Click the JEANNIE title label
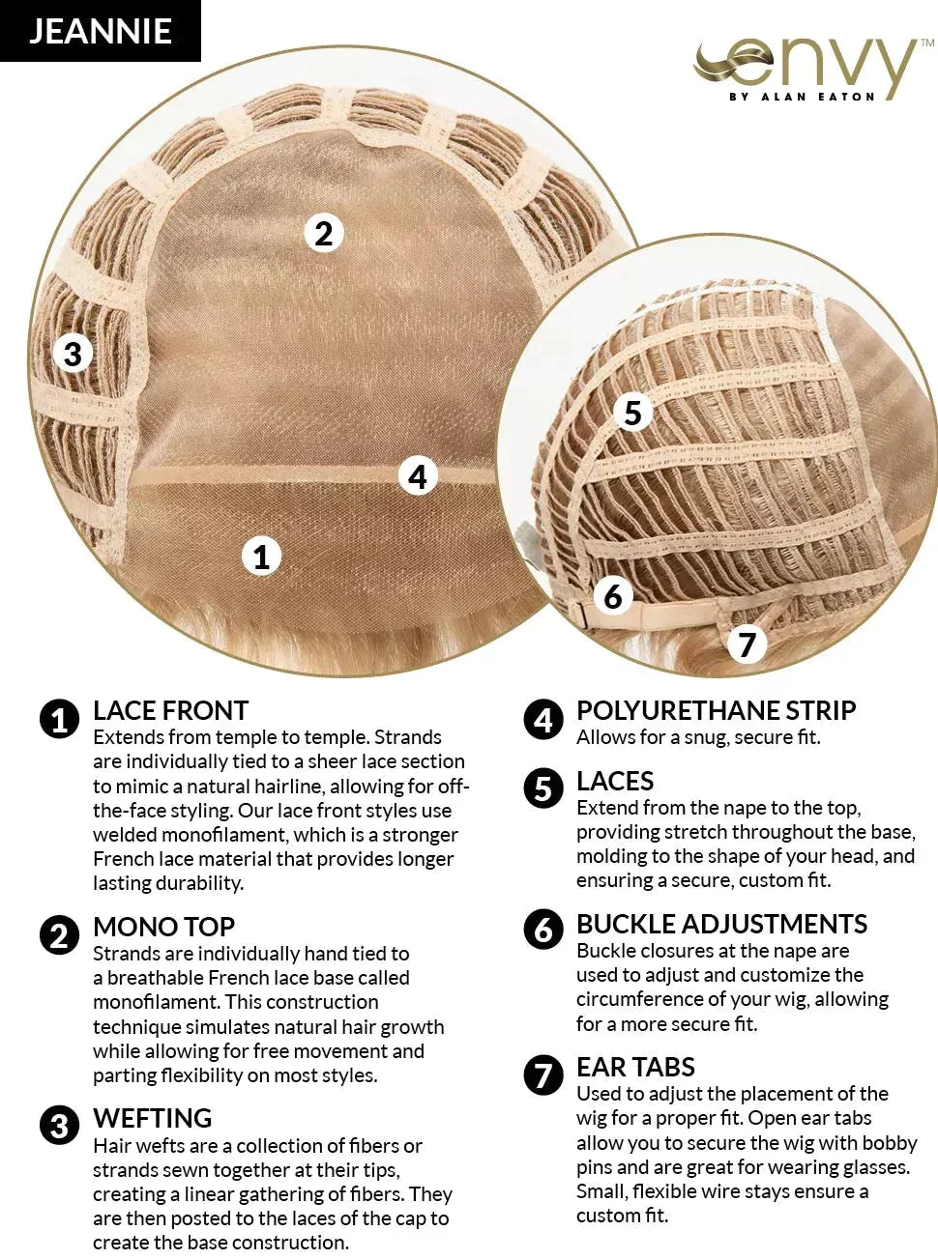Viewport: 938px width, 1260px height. pos(101,31)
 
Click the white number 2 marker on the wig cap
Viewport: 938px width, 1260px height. pos(324,234)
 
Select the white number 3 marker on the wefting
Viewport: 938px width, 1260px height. pos(73,354)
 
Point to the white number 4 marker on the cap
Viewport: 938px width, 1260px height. pos(418,476)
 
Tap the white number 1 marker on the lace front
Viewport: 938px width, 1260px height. pos(261,556)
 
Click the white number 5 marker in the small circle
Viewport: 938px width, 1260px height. pos(632,412)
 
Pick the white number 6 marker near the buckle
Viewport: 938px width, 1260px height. pos(613,596)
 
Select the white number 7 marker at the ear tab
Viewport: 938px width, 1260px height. pos(747,644)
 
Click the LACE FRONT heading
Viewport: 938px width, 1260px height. pos(170,710)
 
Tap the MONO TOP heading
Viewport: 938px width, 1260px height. pos(163,927)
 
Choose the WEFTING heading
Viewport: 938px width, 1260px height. pos(153,1118)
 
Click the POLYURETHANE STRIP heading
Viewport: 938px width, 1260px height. pos(717,710)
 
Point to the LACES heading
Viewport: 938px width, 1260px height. pos(615,781)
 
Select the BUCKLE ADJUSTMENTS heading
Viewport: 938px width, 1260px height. pos(722,924)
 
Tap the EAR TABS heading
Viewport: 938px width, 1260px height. pos(635,1067)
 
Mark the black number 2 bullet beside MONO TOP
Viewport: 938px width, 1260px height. pos(59,934)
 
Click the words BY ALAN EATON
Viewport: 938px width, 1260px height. pos(802,97)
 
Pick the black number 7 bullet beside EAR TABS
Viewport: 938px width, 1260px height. pos(542,1074)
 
